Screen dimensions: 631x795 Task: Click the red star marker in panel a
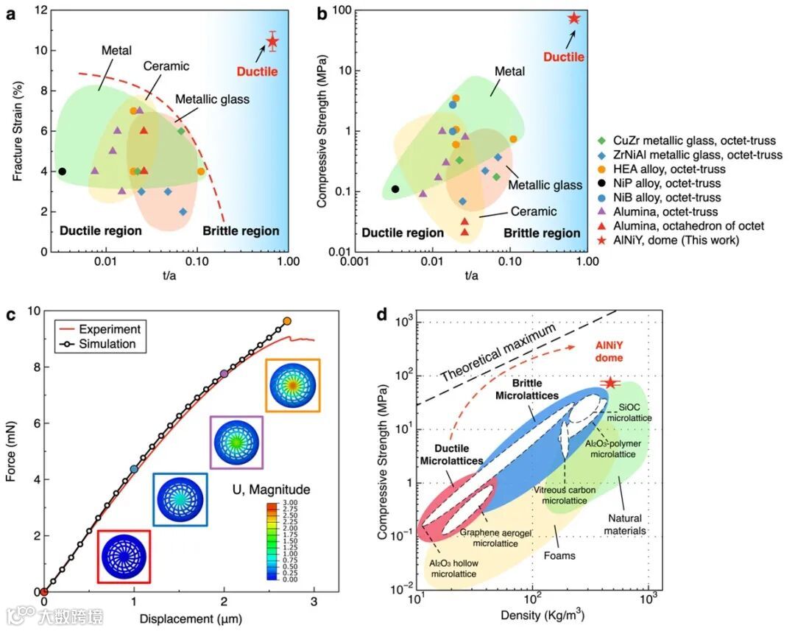pos(272,40)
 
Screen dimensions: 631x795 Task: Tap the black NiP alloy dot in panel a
pos(62,172)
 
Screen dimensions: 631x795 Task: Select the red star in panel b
pos(573,18)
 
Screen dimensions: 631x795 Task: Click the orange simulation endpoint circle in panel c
pos(287,321)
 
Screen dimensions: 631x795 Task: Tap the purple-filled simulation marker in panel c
pos(225,374)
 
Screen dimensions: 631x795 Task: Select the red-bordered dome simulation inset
pos(124,556)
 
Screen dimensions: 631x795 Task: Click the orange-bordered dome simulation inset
pos(293,385)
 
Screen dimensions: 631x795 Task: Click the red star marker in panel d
pos(609,383)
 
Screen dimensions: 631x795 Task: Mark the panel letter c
pos(10,316)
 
